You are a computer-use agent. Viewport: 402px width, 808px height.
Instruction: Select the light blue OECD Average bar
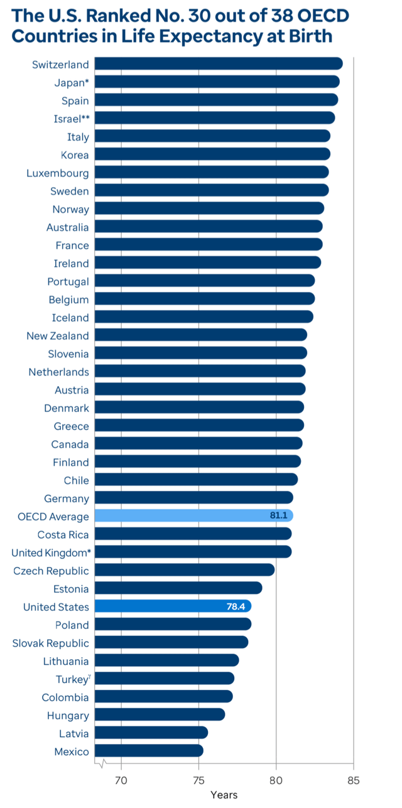(x=188, y=516)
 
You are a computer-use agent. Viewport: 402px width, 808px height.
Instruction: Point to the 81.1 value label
(x=279, y=516)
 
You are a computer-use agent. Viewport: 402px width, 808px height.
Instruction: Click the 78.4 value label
(x=236, y=606)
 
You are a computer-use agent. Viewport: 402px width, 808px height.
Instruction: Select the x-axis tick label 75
(x=198, y=781)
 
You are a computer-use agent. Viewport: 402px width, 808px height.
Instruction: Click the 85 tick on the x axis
(x=354, y=781)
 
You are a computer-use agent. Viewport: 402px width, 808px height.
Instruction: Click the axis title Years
(x=224, y=795)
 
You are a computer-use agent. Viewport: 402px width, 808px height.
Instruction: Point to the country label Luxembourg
(x=58, y=173)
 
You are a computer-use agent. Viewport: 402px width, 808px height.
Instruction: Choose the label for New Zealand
(x=58, y=336)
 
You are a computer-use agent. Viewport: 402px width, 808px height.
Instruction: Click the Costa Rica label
(x=63, y=535)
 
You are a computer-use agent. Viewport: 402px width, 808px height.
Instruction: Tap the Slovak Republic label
(x=51, y=643)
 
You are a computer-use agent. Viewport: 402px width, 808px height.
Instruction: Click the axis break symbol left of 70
(x=102, y=764)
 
